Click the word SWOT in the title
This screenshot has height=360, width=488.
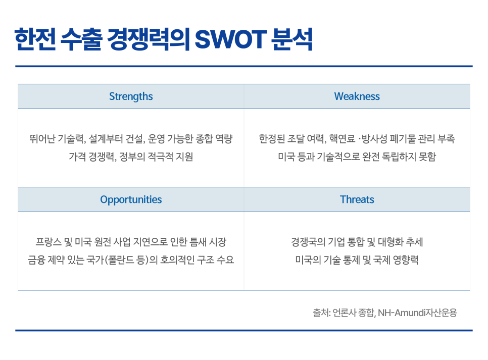pos(231,39)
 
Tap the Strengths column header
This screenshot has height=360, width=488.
pos(131,96)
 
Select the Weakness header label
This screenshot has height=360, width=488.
pos(357,96)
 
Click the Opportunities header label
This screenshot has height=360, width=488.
pos(131,199)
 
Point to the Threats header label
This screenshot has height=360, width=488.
pos(357,199)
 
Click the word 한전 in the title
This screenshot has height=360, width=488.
pos(35,39)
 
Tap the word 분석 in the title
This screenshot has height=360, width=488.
pos(292,39)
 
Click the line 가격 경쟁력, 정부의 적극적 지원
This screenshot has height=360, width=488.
pos(131,157)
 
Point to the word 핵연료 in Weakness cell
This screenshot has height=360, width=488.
pos(342,139)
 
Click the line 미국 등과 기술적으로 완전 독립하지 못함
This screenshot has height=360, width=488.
pos(357,157)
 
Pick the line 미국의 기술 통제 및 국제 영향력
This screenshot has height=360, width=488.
pos(357,260)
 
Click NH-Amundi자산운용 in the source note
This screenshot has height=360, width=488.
pos(417,313)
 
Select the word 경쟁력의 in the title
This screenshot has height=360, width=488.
pos(148,39)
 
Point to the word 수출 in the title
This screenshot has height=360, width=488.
pos(81,39)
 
